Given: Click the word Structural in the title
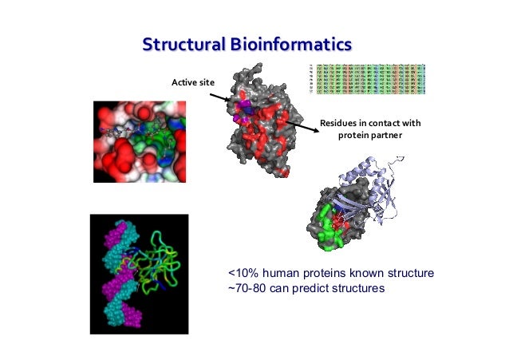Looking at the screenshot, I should (x=183, y=43).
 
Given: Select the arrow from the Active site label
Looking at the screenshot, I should (x=219, y=97).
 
